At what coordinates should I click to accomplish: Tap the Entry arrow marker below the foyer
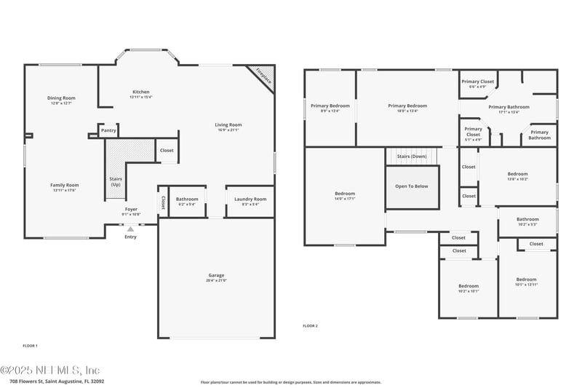pyautogui.click(x=130, y=229)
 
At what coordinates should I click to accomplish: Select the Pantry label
pyautogui.click(x=108, y=131)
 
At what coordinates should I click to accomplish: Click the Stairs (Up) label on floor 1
pyautogui.click(x=115, y=181)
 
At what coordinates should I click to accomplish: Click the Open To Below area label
pyautogui.click(x=412, y=186)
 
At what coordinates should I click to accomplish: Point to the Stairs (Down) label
pyautogui.click(x=412, y=157)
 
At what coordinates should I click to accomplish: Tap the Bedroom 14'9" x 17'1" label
pyautogui.click(x=344, y=196)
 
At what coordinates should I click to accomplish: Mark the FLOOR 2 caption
pyautogui.click(x=311, y=326)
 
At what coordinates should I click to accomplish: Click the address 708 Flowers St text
pyautogui.click(x=57, y=381)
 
